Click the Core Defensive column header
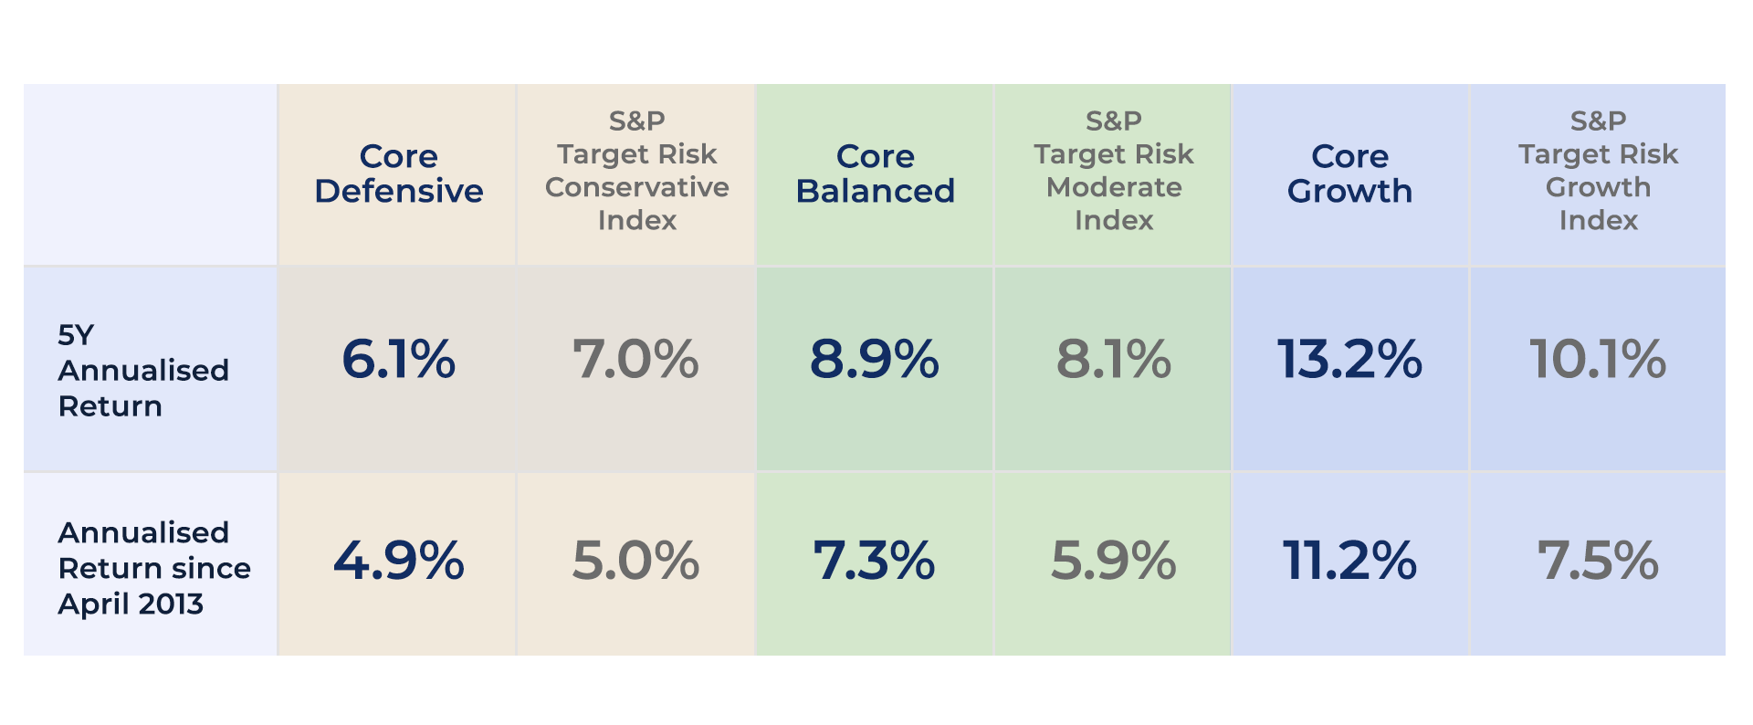click(x=398, y=173)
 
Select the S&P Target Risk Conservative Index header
click(x=636, y=171)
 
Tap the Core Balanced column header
click(x=875, y=173)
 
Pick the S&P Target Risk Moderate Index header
click(x=1113, y=171)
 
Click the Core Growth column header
click(x=1349, y=173)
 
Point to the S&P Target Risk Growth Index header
click(x=1598, y=171)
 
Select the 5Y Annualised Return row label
click(x=142, y=370)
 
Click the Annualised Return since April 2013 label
click(x=153, y=567)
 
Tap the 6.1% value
click(x=398, y=359)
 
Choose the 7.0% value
click(x=635, y=359)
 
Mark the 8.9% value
click(x=874, y=359)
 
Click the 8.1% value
click(x=1113, y=359)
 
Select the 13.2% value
click(x=1349, y=359)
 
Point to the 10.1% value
click(x=1598, y=359)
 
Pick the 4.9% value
click(x=398, y=561)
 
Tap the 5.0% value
click(x=635, y=561)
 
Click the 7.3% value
click(x=874, y=561)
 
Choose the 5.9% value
click(x=1113, y=561)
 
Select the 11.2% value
click(x=1349, y=561)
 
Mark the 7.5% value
click(x=1598, y=561)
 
